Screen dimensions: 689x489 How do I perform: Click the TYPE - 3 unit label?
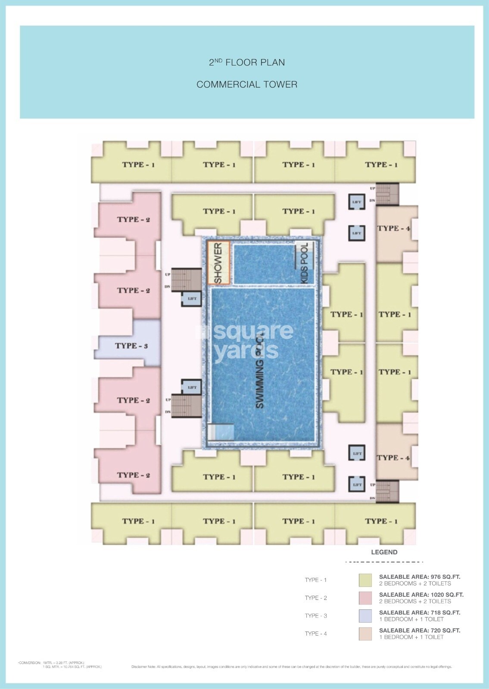[x=131, y=346]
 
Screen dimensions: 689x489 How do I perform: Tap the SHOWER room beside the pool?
[x=218, y=263]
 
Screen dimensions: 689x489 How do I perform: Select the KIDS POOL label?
[x=305, y=263]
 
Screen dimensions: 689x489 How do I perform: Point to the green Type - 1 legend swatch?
[x=365, y=580]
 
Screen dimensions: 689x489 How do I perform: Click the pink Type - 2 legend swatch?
[x=365, y=598]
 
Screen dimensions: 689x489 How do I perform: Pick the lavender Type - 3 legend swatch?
[x=365, y=616]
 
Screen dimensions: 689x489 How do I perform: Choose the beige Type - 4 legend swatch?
[x=365, y=633]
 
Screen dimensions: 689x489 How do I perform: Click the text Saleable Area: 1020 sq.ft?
[x=421, y=595]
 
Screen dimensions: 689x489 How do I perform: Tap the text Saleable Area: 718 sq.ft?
[x=419, y=612]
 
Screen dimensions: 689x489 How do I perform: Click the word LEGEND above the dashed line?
[x=384, y=552]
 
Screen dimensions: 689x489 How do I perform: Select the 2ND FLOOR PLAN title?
[x=247, y=62]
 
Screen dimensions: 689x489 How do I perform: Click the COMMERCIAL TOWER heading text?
[x=247, y=84]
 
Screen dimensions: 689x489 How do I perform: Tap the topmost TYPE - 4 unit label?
[x=393, y=228]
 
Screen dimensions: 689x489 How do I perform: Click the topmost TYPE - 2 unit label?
[x=133, y=220]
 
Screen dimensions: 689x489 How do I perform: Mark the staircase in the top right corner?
[x=387, y=194]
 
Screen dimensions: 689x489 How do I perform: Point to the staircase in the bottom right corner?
[x=387, y=491]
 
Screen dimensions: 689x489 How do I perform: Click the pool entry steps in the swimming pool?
[x=221, y=432]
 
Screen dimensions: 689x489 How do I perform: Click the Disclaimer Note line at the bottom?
[x=291, y=667]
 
